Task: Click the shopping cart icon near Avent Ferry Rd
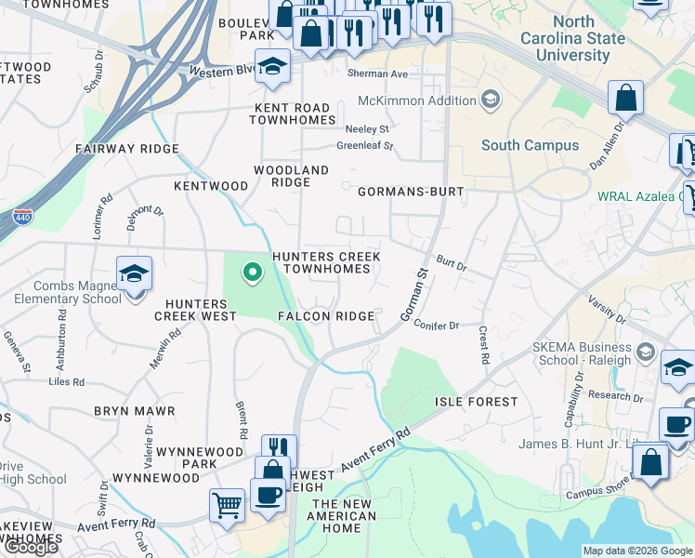point(227,506)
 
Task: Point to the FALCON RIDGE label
point(326,316)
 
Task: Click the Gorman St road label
point(413,297)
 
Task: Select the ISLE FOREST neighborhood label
point(476,402)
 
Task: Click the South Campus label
point(530,145)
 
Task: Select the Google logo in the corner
point(31,548)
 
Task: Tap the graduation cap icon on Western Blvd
point(272,67)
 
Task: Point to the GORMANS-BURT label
point(410,192)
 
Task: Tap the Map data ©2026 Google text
point(637,551)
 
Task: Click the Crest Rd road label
point(484,344)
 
